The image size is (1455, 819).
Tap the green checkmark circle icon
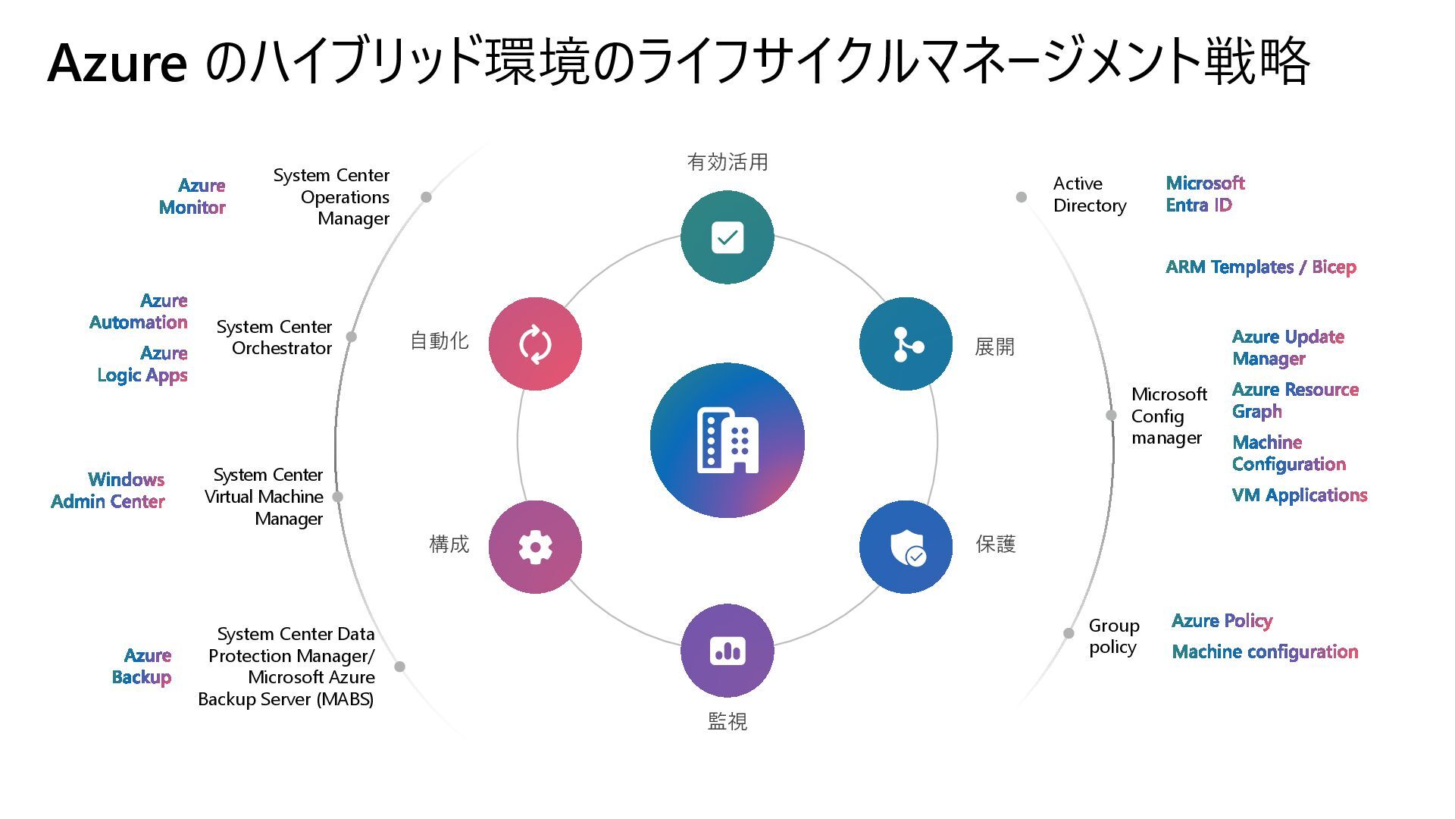(727, 237)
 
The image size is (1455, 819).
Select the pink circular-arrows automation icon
(535, 344)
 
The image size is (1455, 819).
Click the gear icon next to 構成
(535, 547)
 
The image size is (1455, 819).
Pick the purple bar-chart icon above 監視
(727, 651)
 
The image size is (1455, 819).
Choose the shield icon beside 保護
(906, 547)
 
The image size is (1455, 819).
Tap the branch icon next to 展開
(906, 344)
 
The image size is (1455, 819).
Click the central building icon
(727, 440)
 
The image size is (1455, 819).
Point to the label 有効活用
(727, 162)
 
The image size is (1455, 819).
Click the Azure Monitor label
(192, 196)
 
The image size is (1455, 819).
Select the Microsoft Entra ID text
(1205, 194)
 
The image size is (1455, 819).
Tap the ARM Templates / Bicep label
(1260, 267)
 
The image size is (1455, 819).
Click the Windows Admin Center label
(108, 491)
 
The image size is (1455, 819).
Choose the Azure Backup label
(142, 666)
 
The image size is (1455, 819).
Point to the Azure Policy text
(1222, 621)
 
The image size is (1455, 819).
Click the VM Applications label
(1300, 495)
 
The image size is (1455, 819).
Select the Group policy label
(1114, 636)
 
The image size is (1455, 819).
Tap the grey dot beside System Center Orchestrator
(352, 336)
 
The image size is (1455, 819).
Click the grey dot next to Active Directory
(1022, 197)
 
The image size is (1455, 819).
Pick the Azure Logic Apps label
(142, 364)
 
